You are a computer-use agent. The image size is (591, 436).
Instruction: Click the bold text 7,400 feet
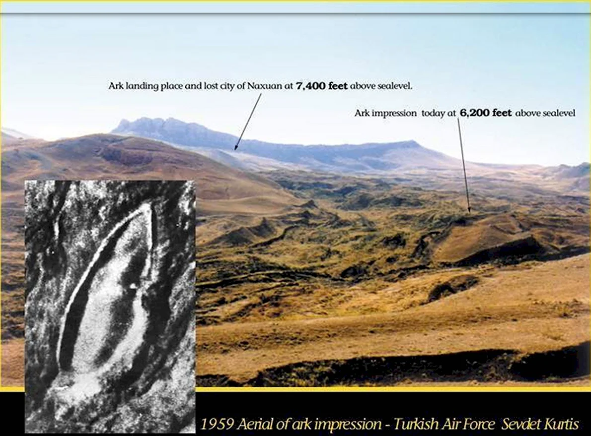point(321,86)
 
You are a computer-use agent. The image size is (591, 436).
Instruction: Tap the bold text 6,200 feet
point(486,113)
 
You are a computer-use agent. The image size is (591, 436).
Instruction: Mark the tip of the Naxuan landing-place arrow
point(235,150)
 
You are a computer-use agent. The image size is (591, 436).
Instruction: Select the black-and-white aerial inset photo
point(110,306)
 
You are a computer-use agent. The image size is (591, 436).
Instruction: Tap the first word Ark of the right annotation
point(361,113)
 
